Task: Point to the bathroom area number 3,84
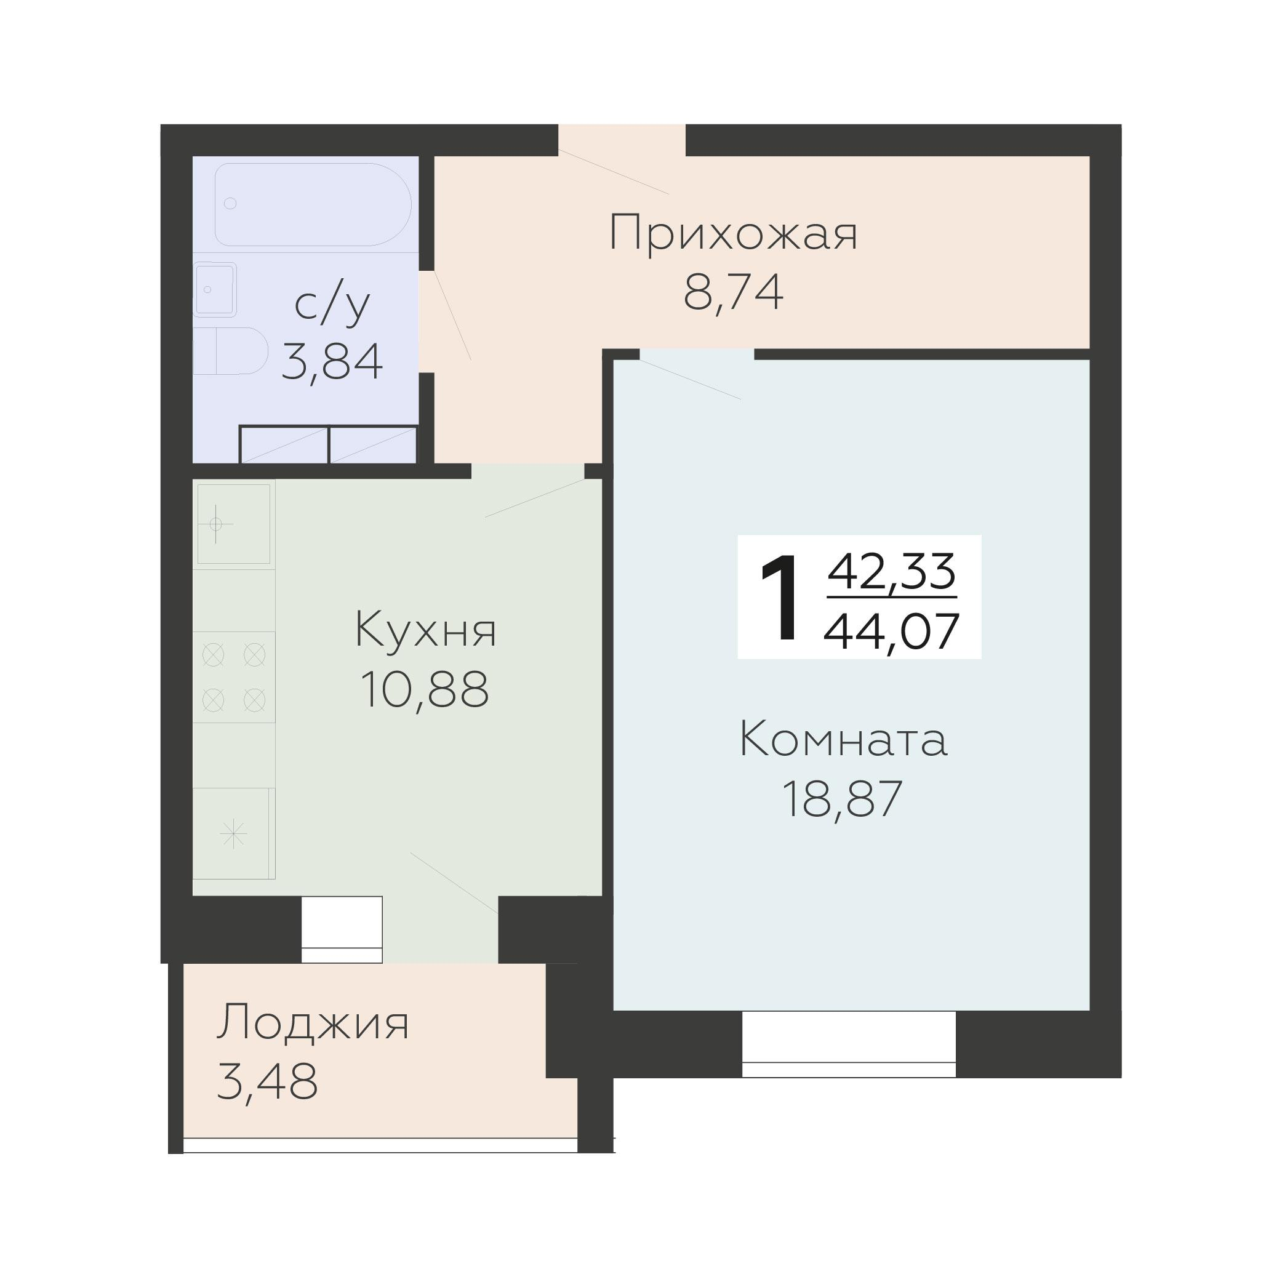point(332,363)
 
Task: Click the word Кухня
point(425,630)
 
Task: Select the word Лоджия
point(313,1022)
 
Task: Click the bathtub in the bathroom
point(313,204)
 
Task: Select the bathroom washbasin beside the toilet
point(215,289)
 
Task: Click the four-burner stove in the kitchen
point(234,677)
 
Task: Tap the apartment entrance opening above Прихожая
point(621,141)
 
